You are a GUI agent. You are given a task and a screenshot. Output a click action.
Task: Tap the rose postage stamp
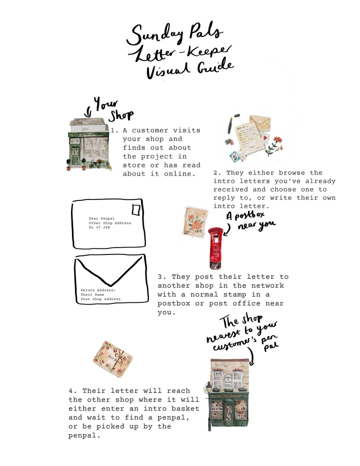coord(194,221)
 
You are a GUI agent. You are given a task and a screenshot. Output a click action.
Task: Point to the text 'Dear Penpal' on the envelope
coord(101,218)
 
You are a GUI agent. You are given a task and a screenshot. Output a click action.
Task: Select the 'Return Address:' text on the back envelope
coord(98,289)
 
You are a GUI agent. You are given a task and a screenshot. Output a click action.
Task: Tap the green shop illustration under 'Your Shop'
coord(88,145)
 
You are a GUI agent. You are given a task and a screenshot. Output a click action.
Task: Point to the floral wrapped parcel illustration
coord(113,358)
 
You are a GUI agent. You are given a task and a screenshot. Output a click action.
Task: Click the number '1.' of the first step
coord(114,130)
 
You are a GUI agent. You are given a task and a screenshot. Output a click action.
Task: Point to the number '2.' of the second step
coord(217,172)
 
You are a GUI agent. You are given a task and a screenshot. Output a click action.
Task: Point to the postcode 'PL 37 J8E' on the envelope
coord(99,227)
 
